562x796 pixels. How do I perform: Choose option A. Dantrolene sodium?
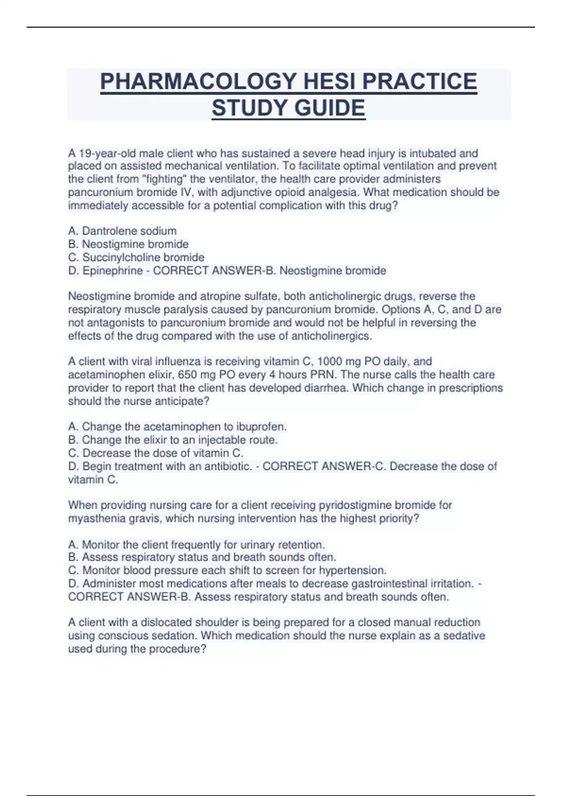coord(122,231)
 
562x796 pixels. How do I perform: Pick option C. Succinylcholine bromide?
coord(136,258)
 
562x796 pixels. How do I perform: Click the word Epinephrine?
coord(112,271)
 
